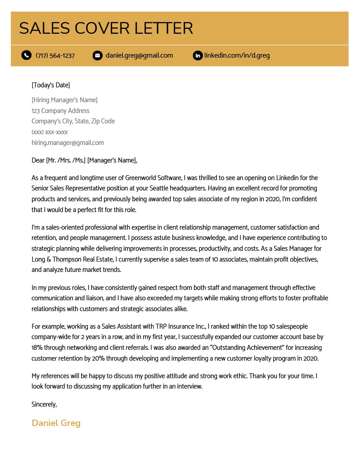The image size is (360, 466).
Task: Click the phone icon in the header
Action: pyautogui.click(x=26, y=55)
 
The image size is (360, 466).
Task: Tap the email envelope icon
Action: pyautogui.click(x=97, y=55)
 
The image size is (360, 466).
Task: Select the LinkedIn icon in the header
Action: pyautogui.click(x=197, y=55)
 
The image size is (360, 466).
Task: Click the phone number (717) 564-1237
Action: pyautogui.click(x=55, y=55)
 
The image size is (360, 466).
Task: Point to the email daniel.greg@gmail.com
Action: pyautogui.click(x=139, y=55)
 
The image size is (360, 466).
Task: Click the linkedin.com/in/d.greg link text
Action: pyautogui.click(x=237, y=55)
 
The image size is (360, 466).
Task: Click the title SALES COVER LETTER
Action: pyautogui.click(x=106, y=28)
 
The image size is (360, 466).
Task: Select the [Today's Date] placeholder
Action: pyautogui.click(x=50, y=85)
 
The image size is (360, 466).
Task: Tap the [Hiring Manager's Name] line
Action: pyautogui.click(x=64, y=100)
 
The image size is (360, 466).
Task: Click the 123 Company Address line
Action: pyautogui.click(x=60, y=111)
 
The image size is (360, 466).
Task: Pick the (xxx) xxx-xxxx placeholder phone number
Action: pyautogui.click(x=49, y=132)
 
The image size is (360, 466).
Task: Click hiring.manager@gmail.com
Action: pyautogui.click(x=67, y=143)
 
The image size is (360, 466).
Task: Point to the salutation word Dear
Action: pyautogui.click(x=38, y=160)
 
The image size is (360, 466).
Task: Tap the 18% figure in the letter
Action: pyautogui.click(x=37, y=348)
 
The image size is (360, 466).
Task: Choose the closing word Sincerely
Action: pyautogui.click(x=44, y=404)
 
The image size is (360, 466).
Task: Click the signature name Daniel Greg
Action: pyautogui.click(x=56, y=423)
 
